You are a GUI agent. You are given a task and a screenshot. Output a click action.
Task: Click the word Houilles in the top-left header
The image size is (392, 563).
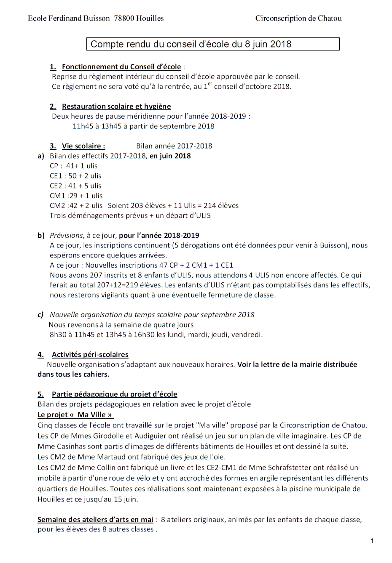(150, 18)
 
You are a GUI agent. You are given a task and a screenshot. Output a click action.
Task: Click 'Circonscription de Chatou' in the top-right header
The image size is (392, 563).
(298, 18)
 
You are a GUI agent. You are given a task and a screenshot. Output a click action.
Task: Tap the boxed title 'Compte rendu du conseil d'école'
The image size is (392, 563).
(191, 44)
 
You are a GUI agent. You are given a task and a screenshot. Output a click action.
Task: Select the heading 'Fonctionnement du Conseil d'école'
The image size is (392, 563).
(121, 66)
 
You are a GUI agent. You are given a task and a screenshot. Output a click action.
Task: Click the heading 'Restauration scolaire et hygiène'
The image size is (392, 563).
(116, 106)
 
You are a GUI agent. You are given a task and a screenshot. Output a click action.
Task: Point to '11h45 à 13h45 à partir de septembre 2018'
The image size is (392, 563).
(143, 126)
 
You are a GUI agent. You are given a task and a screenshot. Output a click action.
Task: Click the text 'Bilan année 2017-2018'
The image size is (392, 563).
(174, 146)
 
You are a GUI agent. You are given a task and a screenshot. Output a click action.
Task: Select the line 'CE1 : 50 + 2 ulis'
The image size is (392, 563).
(75, 176)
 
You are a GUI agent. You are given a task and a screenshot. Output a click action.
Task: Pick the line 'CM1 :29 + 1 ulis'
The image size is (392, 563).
(76, 196)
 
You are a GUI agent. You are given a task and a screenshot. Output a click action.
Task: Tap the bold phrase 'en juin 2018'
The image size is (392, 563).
(170, 156)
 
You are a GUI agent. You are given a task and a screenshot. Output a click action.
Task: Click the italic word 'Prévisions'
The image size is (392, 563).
(66, 236)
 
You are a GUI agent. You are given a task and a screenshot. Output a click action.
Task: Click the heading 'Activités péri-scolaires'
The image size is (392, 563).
(90, 355)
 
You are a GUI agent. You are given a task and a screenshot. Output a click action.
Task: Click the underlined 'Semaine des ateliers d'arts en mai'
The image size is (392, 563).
(95, 520)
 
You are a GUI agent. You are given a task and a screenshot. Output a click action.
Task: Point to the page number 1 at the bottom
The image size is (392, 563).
(372, 541)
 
